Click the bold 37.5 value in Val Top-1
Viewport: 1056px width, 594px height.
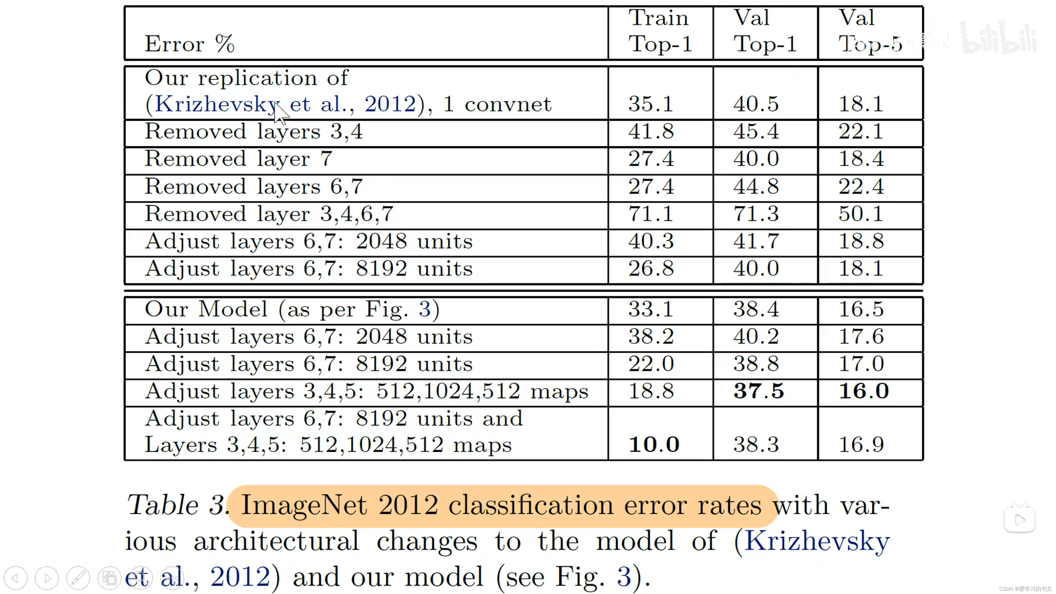758,391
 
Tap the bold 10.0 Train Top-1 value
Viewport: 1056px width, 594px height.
654,444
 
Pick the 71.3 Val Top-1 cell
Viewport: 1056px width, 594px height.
756,214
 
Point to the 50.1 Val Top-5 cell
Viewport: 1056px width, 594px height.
861,214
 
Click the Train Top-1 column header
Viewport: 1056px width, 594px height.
660,31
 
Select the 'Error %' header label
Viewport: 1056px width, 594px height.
189,44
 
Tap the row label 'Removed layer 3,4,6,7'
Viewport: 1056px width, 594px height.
269,214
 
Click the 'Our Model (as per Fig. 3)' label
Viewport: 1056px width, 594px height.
292,309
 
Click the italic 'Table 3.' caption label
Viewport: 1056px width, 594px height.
176,505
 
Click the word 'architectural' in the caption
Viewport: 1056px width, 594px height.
276,541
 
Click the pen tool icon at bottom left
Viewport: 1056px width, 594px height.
78,578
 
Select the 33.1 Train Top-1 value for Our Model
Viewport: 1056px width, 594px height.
651,309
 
